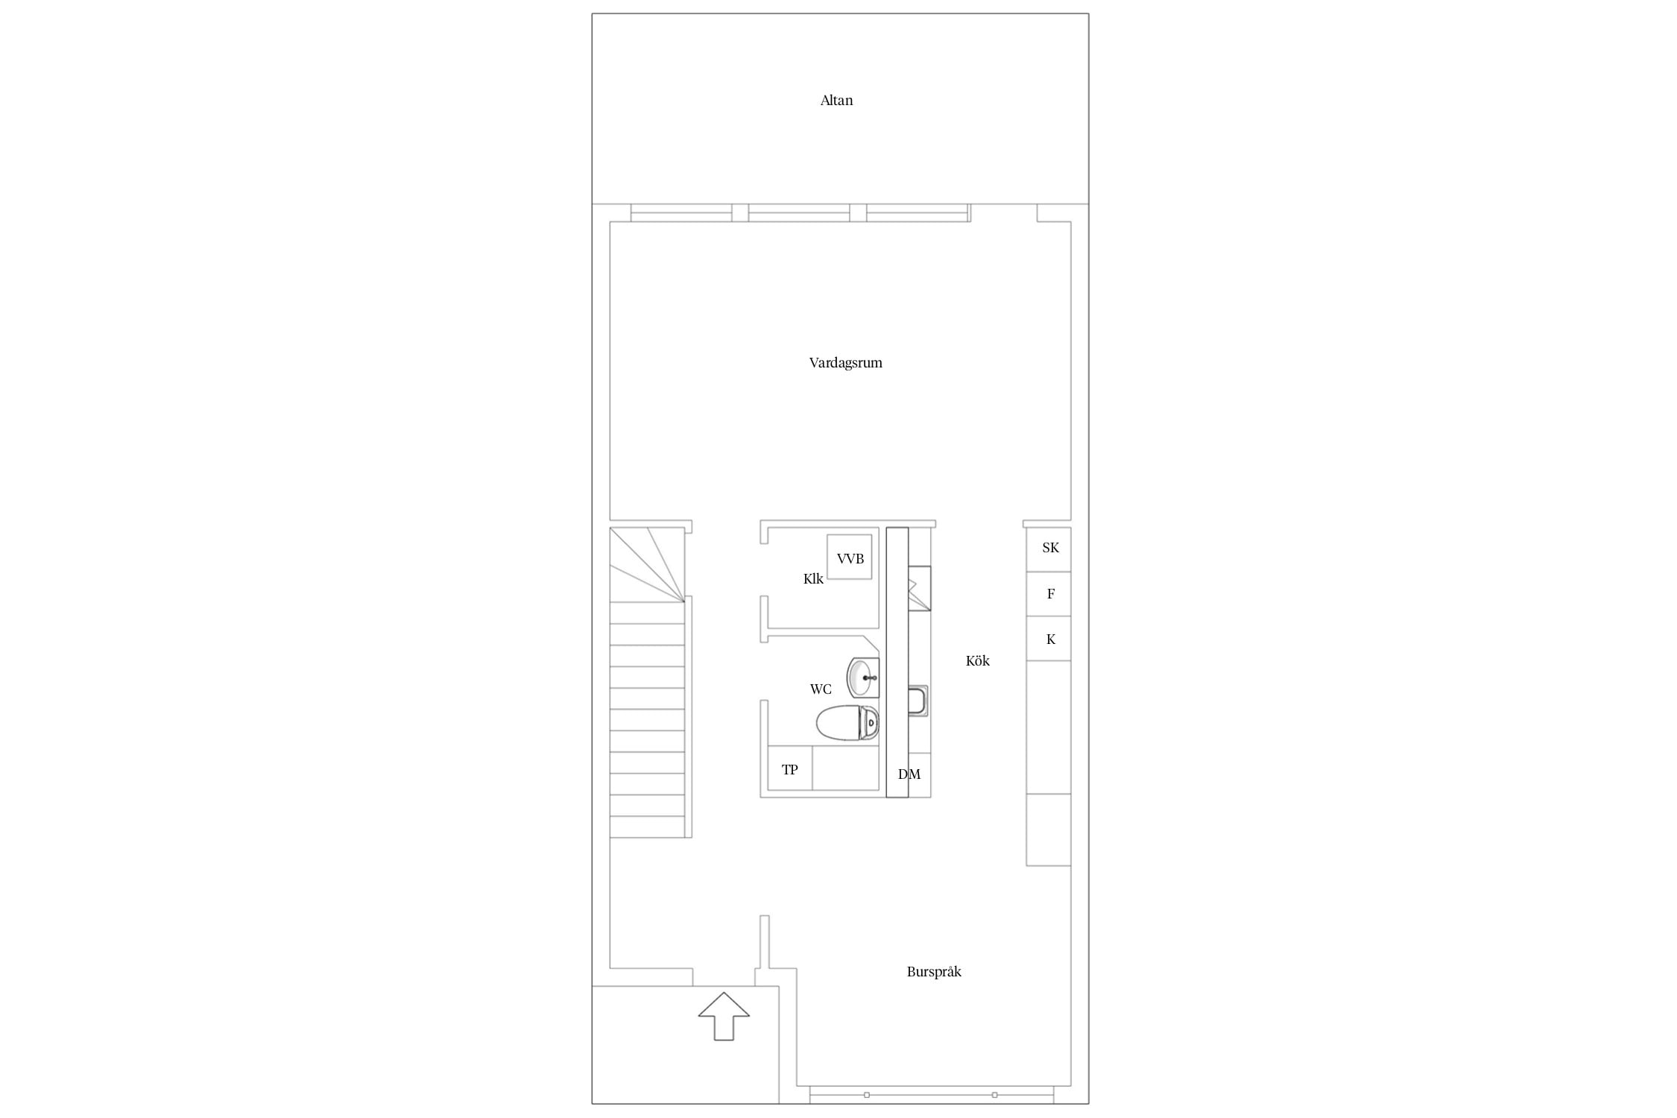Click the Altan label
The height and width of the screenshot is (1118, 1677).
(836, 101)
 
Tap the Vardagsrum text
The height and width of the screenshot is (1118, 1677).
(845, 363)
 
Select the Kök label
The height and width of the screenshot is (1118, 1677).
(977, 660)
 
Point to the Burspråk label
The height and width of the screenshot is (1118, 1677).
(934, 972)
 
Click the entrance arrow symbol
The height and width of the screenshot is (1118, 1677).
(724, 1016)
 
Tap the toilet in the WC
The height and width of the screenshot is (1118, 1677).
(847, 722)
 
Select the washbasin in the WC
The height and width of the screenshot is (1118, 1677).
(863, 678)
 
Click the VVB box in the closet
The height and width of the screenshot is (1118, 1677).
(850, 557)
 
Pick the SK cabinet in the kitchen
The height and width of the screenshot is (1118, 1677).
(1049, 549)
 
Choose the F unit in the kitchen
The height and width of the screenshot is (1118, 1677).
(1049, 594)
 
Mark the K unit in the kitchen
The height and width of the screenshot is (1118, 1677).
(1049, 639)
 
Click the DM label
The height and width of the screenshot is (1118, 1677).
(909, 774)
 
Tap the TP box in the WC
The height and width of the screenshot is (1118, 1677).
(790, 768)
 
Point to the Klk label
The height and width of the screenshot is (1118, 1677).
(813, 578)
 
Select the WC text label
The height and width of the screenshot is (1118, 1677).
(821, 689)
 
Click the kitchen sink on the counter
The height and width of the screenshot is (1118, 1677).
(918, 701)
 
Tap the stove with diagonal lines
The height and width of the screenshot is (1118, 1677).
(920, 588)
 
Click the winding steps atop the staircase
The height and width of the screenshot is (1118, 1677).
(647, 564)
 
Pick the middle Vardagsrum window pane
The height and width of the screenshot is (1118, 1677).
(799, 213)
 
